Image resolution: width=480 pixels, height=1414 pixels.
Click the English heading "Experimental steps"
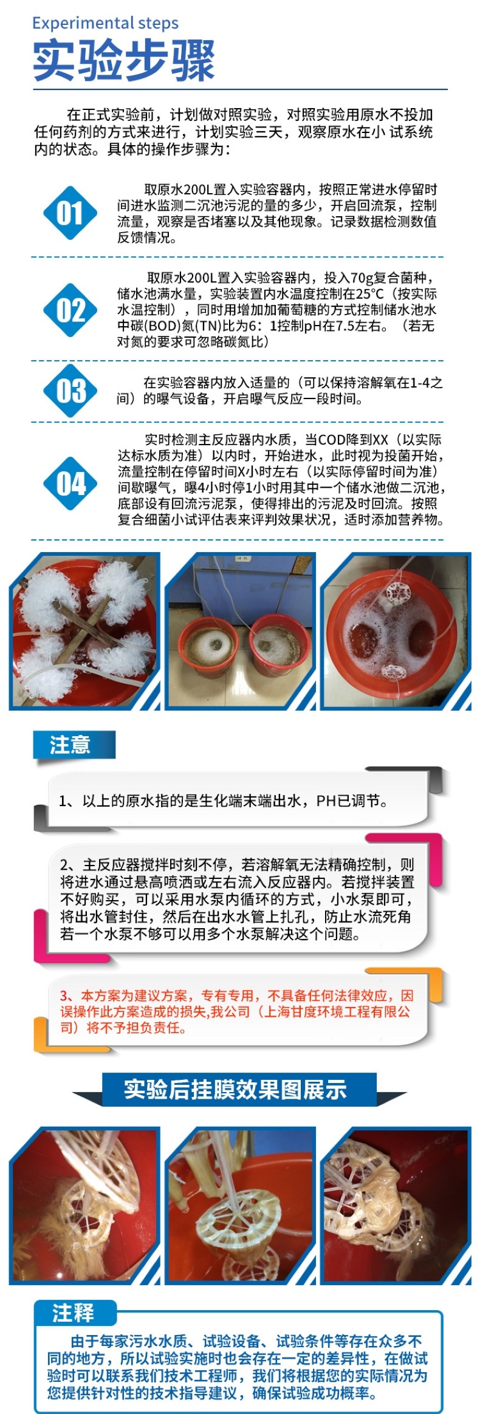coord(105,23)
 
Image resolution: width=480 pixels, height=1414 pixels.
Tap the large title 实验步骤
coord(124,61)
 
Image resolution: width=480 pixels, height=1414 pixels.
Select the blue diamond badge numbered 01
coord(70,213)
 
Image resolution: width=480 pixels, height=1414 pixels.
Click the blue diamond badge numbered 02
coord(70,310)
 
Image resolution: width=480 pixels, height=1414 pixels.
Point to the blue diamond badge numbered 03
coord(70,391)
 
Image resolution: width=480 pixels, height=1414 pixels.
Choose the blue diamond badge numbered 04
coord(70,483)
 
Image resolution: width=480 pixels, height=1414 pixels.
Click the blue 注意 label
coord(73,745)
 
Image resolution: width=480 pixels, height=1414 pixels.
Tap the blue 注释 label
coord(75,1313)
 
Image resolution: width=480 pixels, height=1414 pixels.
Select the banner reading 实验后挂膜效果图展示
coord(236,1089)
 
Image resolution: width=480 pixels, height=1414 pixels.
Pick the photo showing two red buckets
coord(240,630)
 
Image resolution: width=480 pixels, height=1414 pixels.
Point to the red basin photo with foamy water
coord(396,630)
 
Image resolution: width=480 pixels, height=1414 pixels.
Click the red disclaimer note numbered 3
coord(236,1011)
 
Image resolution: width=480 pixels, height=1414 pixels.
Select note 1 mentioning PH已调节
coord(224,801)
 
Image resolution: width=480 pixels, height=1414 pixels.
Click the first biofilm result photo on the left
coord(86,1206)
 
